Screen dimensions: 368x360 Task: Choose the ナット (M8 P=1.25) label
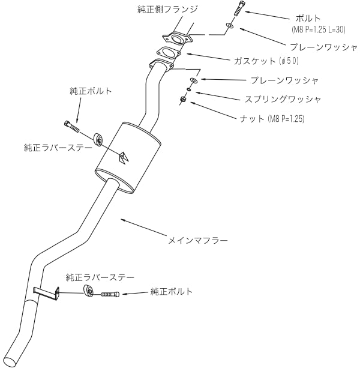click(272, 119)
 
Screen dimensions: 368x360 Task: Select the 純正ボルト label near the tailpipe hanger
click(173, 292)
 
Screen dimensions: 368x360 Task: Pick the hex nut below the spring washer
click(182, 99)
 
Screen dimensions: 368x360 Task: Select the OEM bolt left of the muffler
click(71, 125)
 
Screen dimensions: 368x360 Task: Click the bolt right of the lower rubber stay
click(109, 294)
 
